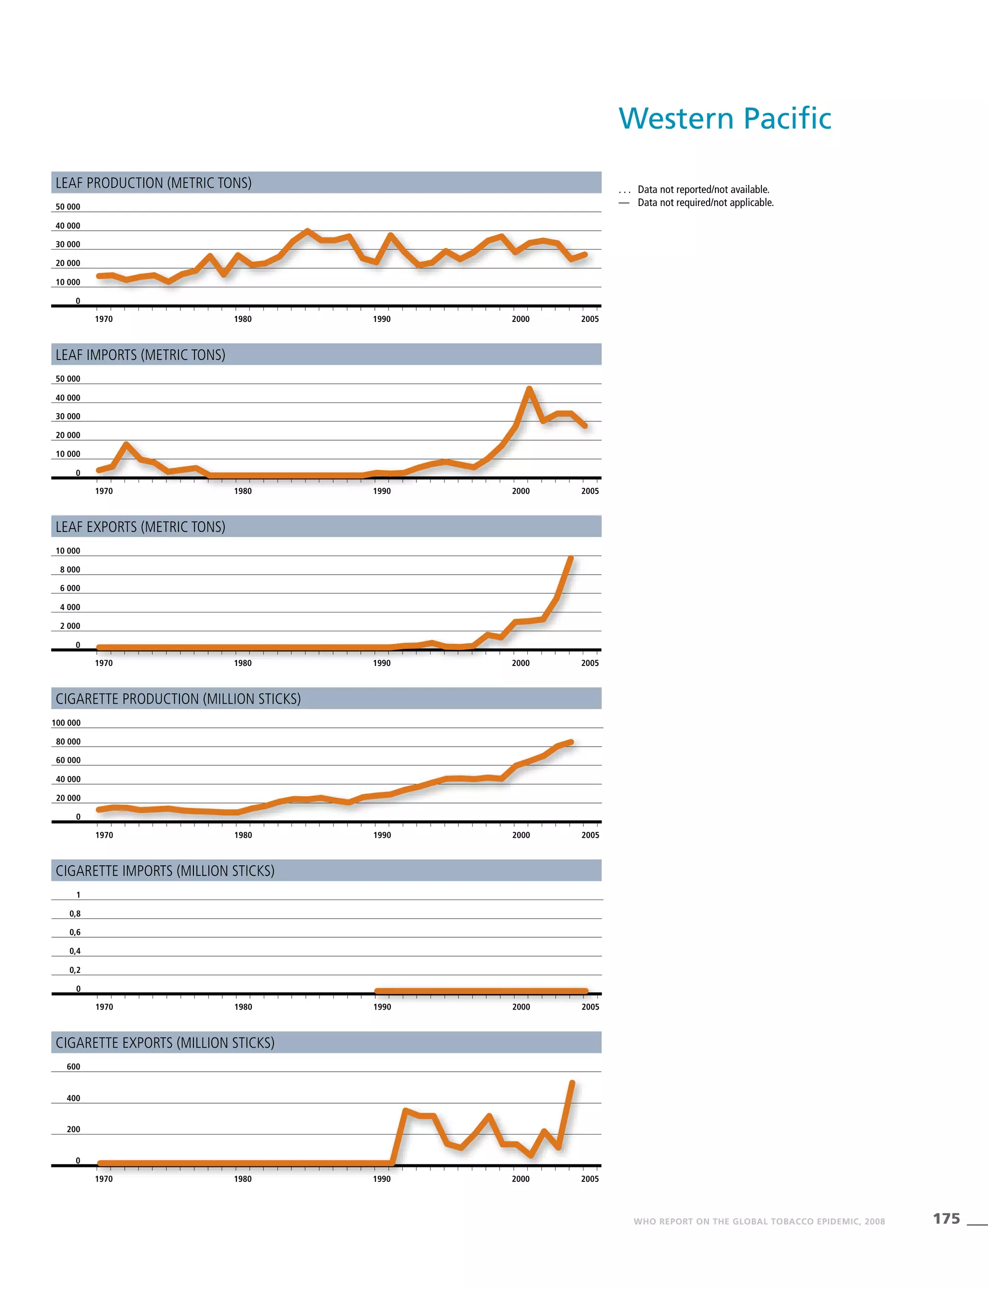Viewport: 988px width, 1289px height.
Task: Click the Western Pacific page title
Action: [725, 118]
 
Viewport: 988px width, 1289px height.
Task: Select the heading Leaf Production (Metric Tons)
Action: [153, 183]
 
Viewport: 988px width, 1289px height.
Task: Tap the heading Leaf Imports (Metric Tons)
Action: [140, 355]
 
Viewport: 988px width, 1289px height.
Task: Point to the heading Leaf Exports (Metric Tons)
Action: [140, 527]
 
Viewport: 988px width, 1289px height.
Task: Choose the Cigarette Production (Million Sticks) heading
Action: [178, 699]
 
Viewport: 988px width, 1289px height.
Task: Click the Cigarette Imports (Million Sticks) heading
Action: [165, 871]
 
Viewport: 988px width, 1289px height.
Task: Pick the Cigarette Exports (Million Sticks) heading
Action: [165, 1042]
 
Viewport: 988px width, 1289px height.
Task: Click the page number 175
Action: [946, 1219]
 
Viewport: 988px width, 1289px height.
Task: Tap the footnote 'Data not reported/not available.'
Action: [703, 190]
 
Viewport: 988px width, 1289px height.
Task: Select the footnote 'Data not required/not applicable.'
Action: [706, 202]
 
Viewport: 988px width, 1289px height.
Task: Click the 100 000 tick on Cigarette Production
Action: [66, 723]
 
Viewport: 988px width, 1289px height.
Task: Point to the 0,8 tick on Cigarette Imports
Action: [75, 914]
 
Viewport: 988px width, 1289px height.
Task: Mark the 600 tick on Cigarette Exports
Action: [73, 1067]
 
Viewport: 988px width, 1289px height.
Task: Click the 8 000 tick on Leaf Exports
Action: [70, 569]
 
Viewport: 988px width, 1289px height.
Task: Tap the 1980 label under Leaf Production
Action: [243, 319]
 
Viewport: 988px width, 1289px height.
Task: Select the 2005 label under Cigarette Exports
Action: [590, 1178]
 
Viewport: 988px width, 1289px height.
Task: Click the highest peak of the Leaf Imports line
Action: [529, 389]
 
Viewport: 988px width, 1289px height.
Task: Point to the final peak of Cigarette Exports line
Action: [572, 1083]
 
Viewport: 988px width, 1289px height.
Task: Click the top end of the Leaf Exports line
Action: [570, 558]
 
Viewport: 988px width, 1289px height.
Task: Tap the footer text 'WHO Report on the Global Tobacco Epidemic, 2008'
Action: [759, 1221]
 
